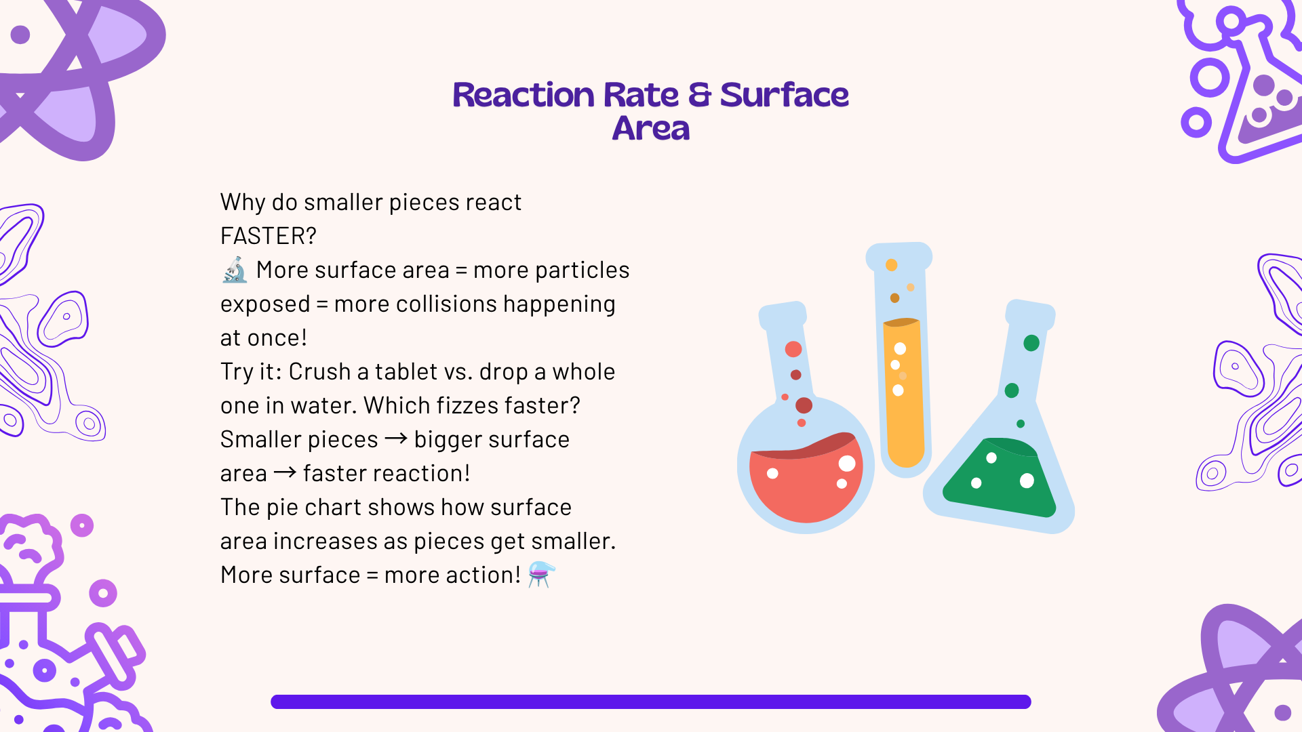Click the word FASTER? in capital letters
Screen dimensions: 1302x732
269,236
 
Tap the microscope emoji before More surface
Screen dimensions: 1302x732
235,270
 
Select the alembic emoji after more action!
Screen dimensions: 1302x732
542,574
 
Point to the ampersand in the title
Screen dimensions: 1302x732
700,95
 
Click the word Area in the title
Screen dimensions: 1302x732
651,128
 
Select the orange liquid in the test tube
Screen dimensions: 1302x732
904,393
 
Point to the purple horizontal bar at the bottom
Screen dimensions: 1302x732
651,701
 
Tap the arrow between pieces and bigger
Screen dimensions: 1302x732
396,439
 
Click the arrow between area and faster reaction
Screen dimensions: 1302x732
285,472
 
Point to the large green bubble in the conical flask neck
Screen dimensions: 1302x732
1031,343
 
